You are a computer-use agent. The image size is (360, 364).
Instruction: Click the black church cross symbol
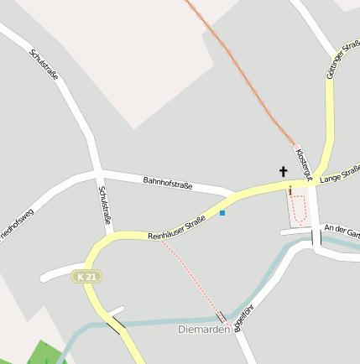[x=284, y=172]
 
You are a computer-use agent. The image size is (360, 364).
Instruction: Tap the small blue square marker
[x=222, y=213]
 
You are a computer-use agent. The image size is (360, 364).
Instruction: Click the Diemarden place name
[x=204, y=330]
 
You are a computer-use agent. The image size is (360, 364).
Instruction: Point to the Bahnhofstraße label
[x=168, y=180]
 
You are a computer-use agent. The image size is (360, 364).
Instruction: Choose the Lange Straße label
[x=340, y=174]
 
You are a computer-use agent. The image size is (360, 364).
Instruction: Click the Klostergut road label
[x=303, y=164]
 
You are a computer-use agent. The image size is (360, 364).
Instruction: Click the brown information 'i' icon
[x=290, y=192]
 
